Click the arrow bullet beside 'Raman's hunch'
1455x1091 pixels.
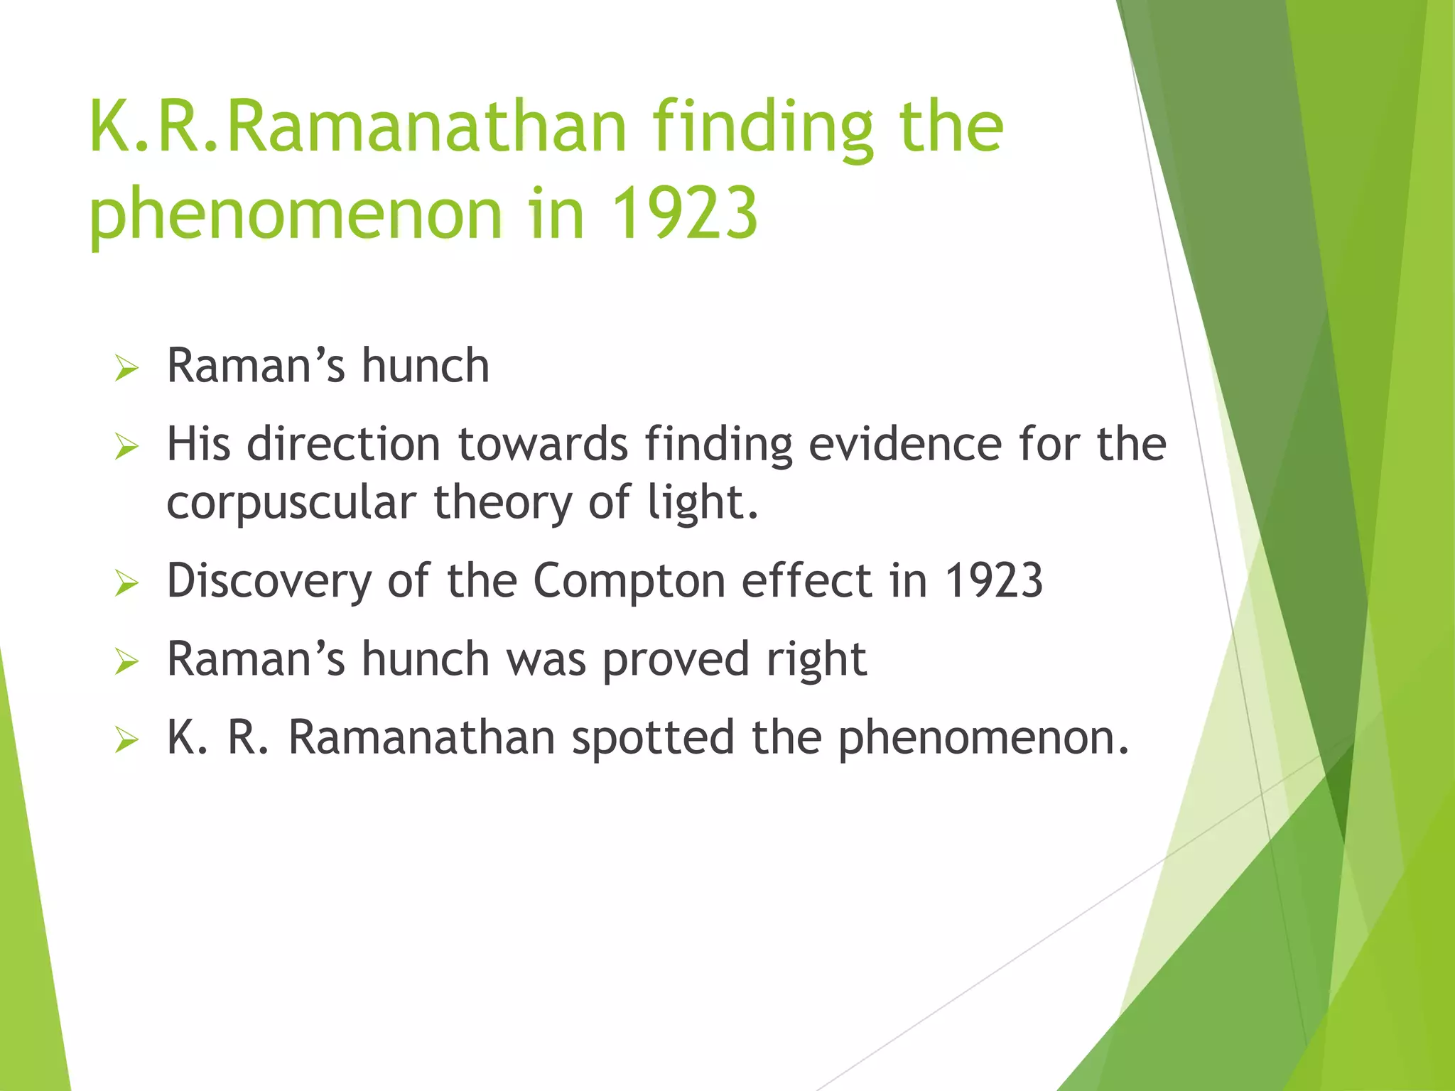(126, 369)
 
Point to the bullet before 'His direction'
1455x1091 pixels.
(126, 447)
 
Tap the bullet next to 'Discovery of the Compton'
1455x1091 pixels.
(126, 583)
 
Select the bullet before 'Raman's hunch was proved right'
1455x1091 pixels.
(126, 662)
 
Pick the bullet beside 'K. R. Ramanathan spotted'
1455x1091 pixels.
(126, 740)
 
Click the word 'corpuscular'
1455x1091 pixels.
(291, 503)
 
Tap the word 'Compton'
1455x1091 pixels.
(629, 581)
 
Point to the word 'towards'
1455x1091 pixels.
(543, 444)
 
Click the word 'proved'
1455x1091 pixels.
(676, 660)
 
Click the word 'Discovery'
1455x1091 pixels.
(269, 581)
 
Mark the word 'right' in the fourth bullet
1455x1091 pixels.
(816, 660)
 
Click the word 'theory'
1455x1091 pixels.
(502, 503)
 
